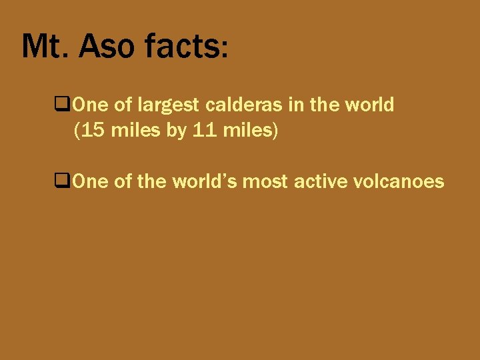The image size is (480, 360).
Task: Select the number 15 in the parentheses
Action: click(93, 131)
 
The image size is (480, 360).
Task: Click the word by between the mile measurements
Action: click(176, 132)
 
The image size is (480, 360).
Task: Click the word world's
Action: click(205, 181)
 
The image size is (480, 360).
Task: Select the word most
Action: click(265, 181)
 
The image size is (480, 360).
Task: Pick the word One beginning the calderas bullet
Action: click(87, 105)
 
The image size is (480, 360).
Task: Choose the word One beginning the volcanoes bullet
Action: click(87, 181)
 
